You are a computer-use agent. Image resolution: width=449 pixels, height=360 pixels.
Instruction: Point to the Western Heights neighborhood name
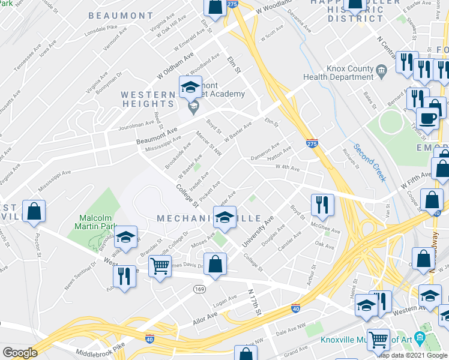click(148, 101)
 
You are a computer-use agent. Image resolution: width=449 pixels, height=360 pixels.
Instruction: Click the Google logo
click(20, 353)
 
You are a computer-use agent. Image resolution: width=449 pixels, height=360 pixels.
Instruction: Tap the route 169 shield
click(199, 289)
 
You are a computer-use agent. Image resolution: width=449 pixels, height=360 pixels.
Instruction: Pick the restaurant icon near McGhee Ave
click(322, 205)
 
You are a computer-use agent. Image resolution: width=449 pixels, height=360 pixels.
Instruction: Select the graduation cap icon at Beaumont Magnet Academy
click(190, 88)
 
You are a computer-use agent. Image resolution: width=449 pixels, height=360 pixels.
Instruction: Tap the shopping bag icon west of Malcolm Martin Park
click(34, 212)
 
